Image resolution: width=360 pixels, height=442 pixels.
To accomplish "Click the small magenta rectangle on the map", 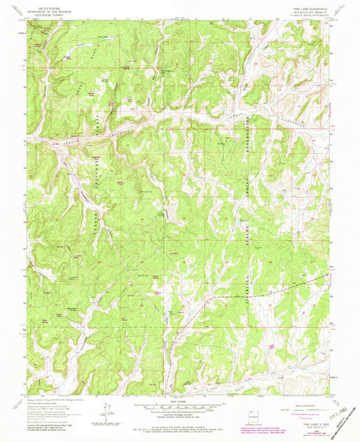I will pyautogui.click(x=272, y=347).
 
